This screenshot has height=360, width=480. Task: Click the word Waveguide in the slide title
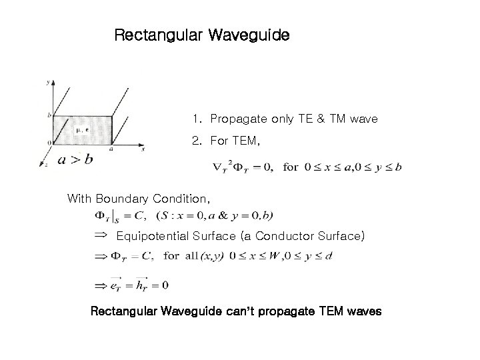point(249,35)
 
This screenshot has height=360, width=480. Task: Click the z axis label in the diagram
point(43,163)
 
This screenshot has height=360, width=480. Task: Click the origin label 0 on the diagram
point(48,143)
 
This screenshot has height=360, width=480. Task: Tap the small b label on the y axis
point(49,115)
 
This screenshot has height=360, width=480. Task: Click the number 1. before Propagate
point(196,119)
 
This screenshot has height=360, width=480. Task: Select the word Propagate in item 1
point(238,119)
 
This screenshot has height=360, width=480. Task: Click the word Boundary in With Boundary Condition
point(123,199)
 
